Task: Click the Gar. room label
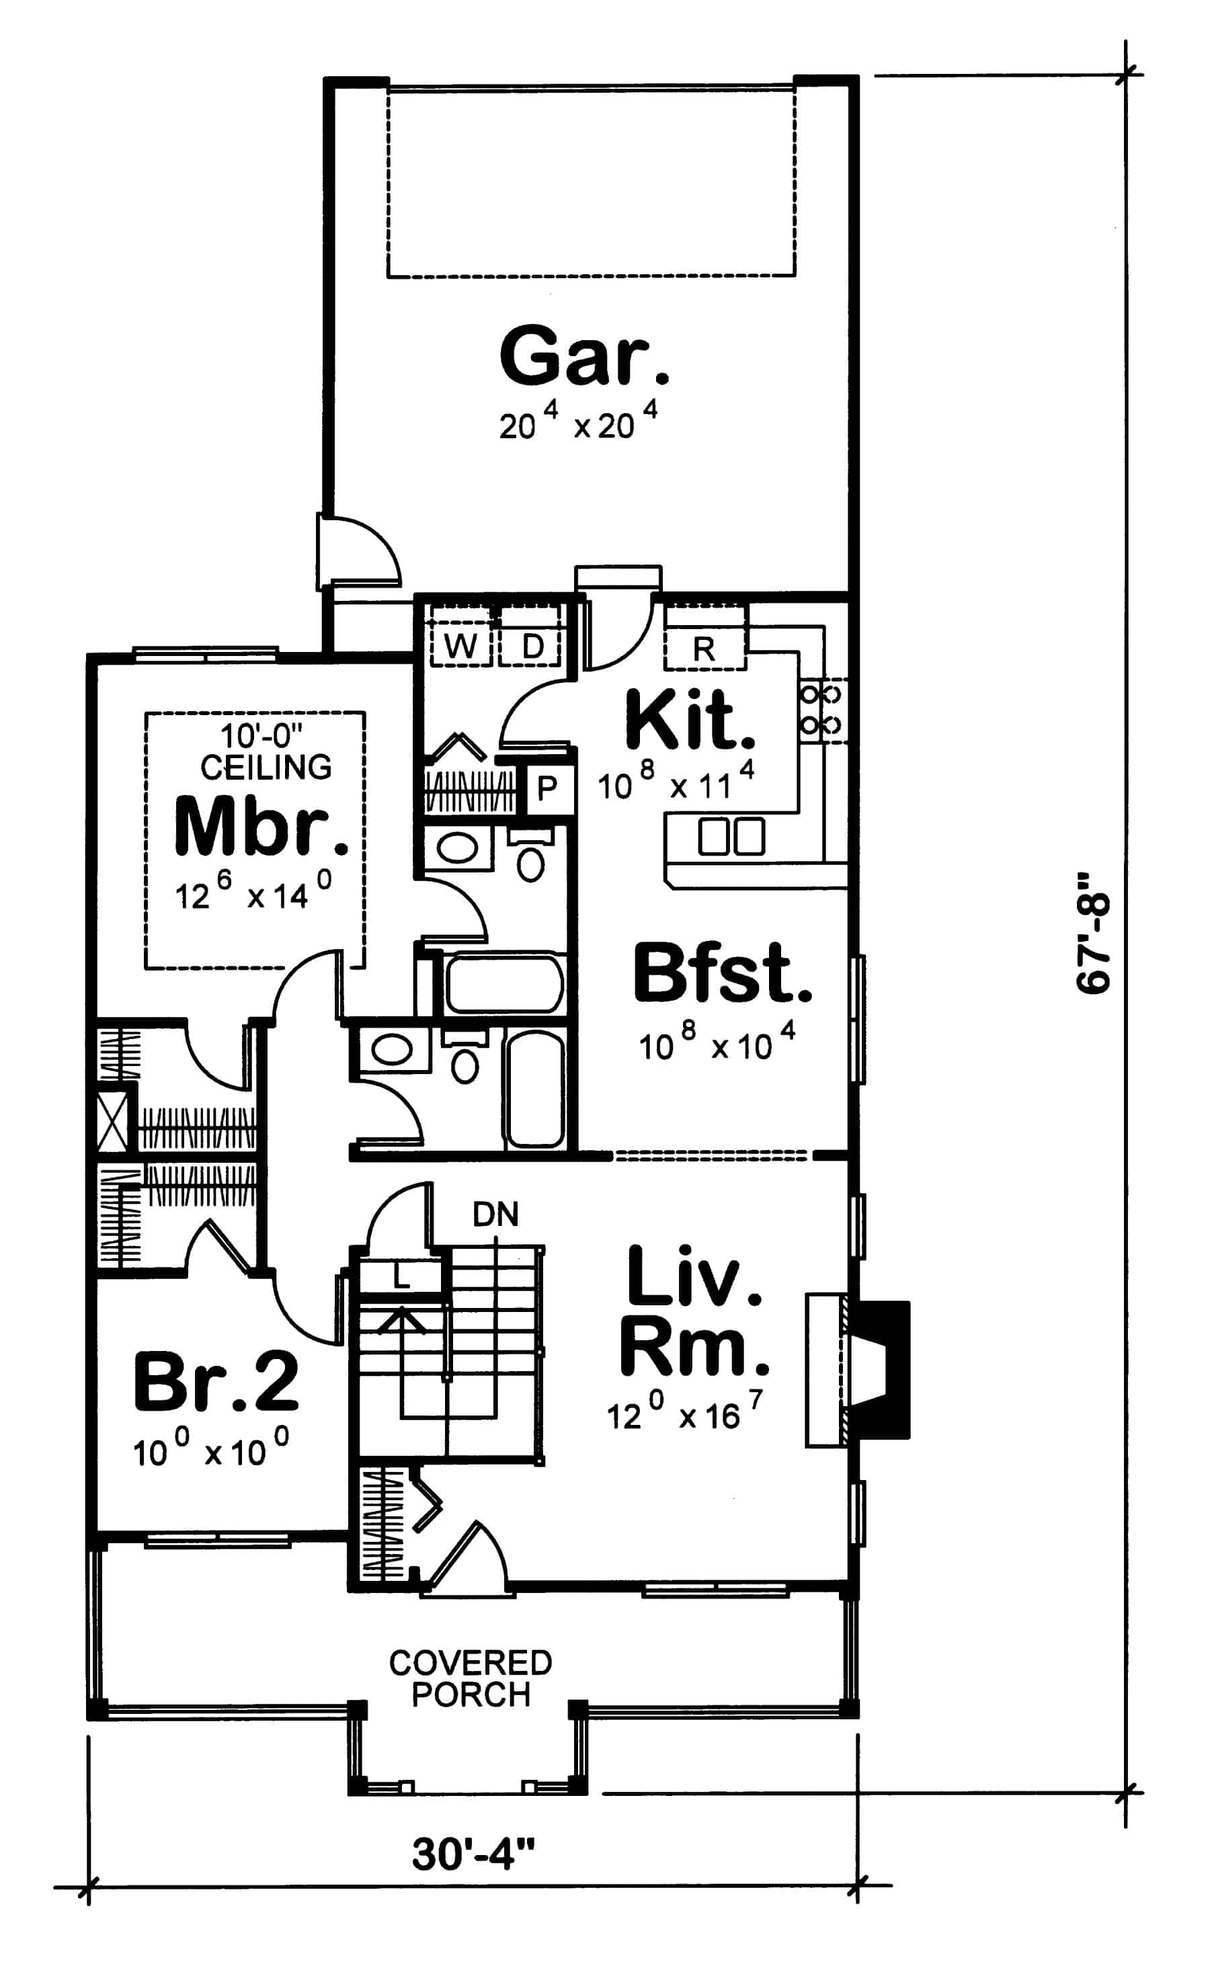click(584, 357)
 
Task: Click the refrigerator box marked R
click(704, 648)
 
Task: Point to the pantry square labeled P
click(547, 790)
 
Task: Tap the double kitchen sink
click(731, 837)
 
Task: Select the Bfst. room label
click(722, 975)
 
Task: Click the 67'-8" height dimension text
click(1093, 934)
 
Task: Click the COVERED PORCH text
click(471, 1678)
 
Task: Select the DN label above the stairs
click(495, 1215)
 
